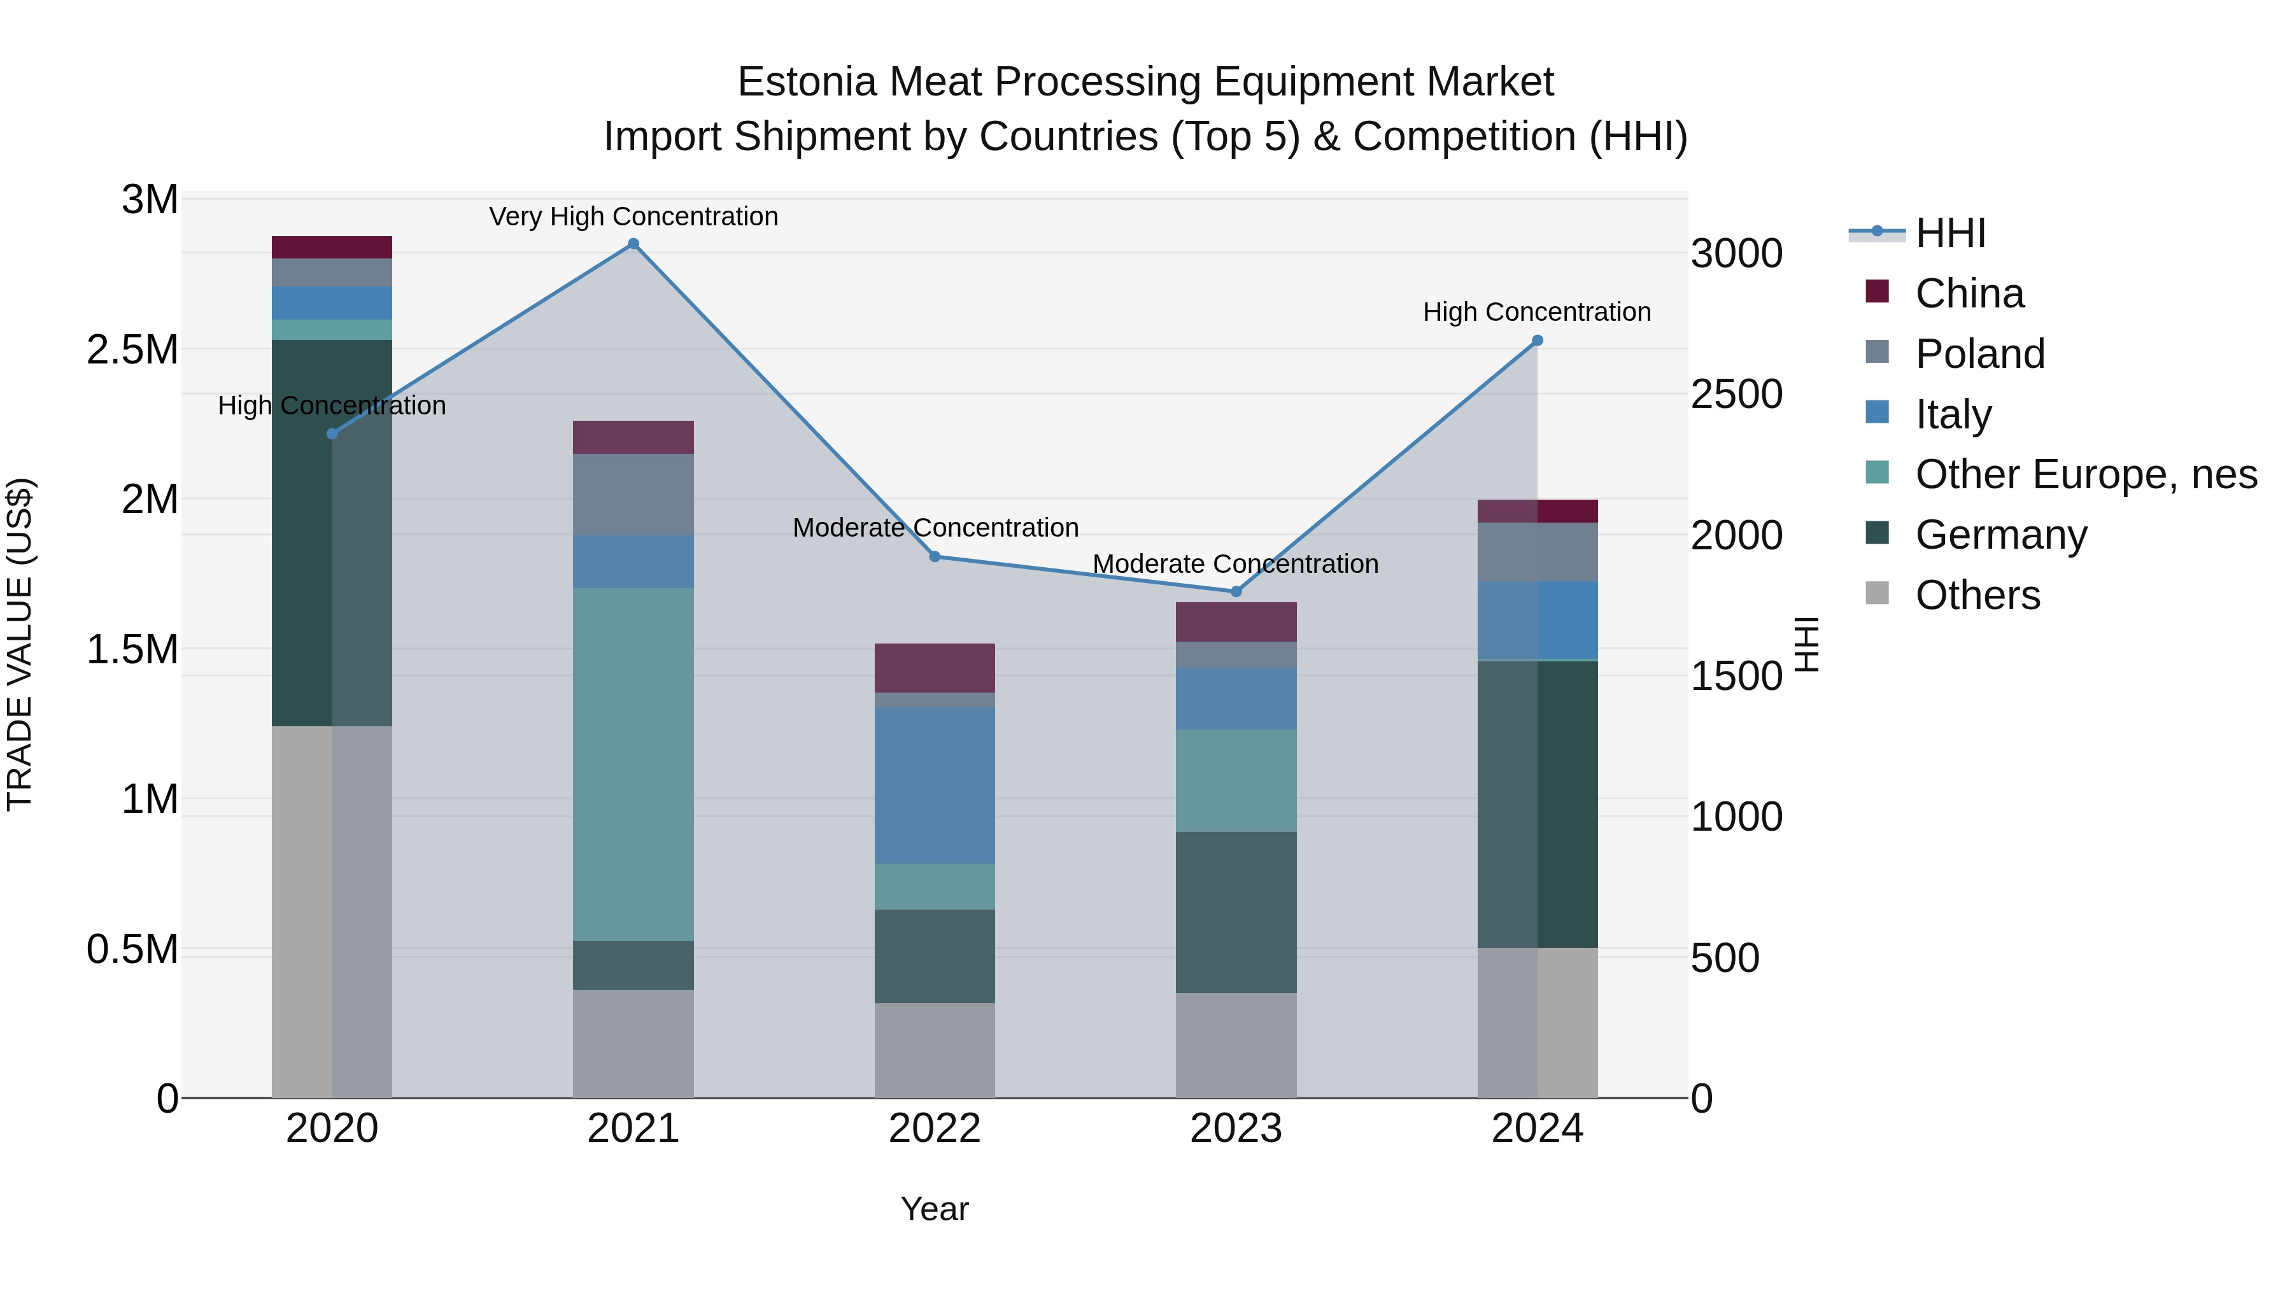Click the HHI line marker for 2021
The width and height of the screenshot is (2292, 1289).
click(x=633, y=244)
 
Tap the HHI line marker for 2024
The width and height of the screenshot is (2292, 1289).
click(x=1537, y=341)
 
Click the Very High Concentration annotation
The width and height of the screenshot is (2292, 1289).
click(x=633, y=216)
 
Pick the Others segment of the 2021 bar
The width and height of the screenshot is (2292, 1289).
click(x=633, y=1043)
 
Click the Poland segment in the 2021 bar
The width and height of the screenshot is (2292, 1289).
click(x=633, y=495)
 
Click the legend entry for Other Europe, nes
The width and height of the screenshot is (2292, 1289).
click(x=2084, y=474)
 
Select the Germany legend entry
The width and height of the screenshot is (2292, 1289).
click(x=2000, y=535)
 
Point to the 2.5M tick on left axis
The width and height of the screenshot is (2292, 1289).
click(x=132, y=349)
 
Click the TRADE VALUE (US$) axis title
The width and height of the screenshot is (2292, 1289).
click(x=20, y=644)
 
